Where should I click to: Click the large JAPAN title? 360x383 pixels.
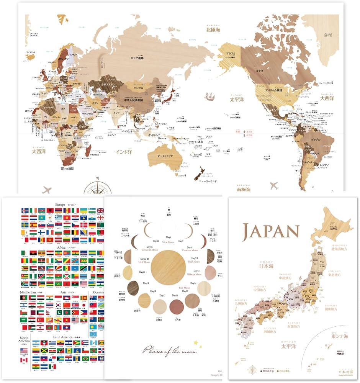[270, 231]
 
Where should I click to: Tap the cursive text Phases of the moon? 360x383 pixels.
[170, 350]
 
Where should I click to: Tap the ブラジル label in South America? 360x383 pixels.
[315, 140]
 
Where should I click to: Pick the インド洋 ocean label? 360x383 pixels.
[123, 152]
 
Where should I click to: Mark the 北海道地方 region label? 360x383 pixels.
[340, 249]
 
